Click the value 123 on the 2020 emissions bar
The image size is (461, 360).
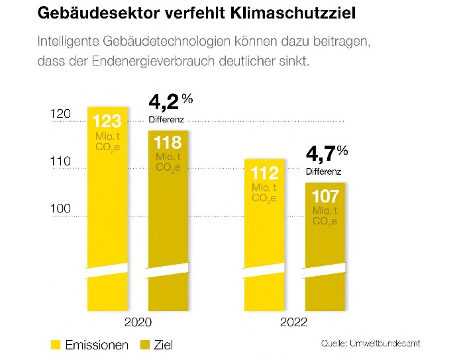pos(106,122)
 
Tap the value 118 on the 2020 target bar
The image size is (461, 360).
pos(168,143)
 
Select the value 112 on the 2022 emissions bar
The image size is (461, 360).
pos(264,173)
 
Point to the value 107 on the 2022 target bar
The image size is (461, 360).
pos(325,197)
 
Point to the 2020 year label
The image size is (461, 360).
pos(138,322)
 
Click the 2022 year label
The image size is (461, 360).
pos(293,322)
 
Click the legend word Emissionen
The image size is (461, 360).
pos(97,345)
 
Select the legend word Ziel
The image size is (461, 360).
pos(166,345)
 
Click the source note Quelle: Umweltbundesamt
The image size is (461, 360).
pos(370,343)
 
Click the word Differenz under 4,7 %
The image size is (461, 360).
pos(323,171)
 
